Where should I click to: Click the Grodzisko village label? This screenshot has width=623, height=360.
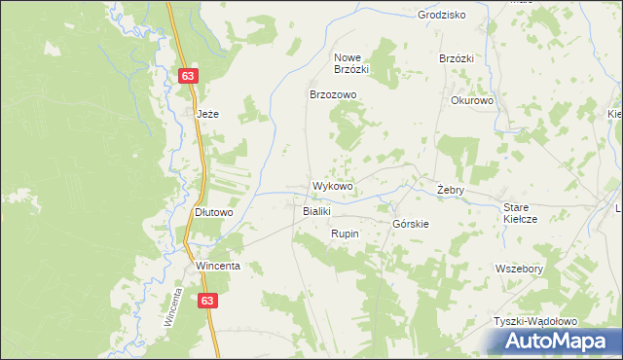pos(441,15)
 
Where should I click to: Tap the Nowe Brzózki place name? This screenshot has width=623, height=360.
pos(350,63)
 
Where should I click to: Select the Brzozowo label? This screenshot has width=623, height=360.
pos(334,94)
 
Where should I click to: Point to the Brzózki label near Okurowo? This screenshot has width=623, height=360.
pos(456,58)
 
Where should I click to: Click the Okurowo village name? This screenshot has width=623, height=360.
pos(473,100)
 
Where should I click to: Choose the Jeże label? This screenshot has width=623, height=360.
pos(208,114)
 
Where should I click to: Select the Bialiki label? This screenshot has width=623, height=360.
pos(318,211)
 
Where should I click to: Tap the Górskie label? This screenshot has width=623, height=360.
pos(411,224)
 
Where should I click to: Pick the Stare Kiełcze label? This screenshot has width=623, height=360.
pos(521,213)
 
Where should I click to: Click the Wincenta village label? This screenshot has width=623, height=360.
pos(217,266)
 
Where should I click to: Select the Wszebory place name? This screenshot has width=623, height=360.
pos(519,269)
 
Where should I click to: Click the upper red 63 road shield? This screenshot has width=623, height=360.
pos(189,76)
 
